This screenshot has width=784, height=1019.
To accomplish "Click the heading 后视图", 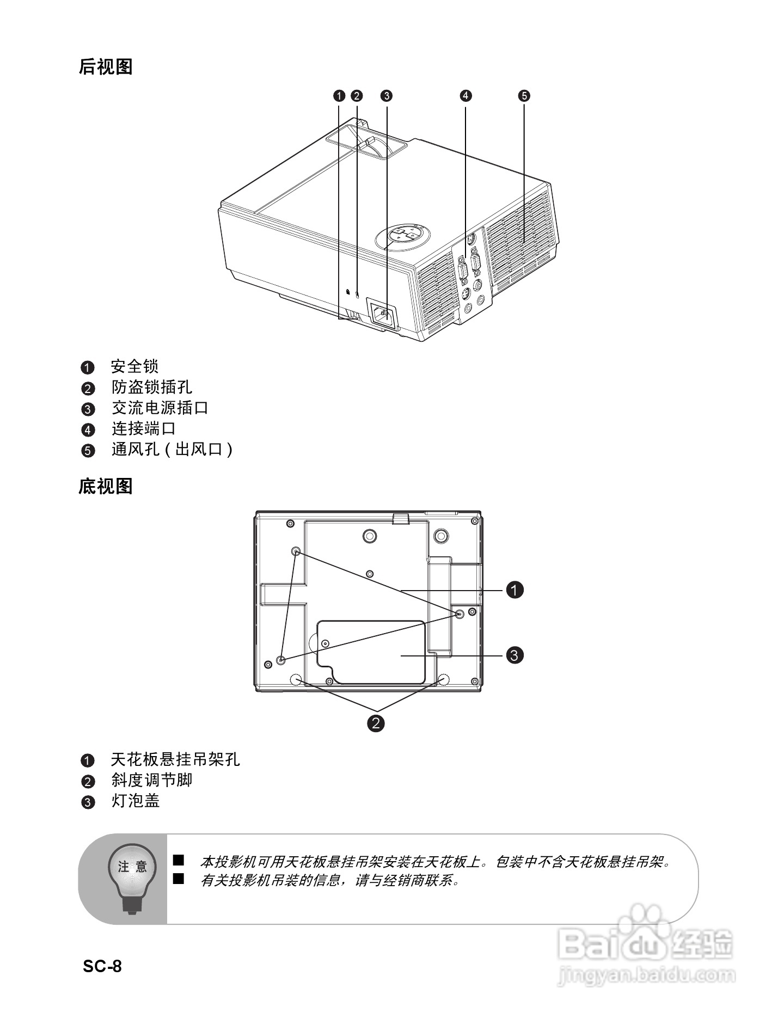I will tap(106, 67).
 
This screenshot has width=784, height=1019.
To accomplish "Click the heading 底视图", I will tap(106, 486).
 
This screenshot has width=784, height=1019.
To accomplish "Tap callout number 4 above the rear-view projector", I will tap(465, 96).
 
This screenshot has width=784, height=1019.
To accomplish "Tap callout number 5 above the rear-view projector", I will tap(524, 96).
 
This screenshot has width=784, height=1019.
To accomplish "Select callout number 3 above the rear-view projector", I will tap(386, 96).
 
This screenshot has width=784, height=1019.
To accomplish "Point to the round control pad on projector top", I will tap(403, 235).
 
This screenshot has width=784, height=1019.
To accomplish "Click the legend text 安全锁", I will tap(134, 366).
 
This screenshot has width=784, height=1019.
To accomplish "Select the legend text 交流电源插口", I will tap(160, 408).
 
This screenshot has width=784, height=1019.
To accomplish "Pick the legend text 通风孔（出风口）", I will tap(173, 450).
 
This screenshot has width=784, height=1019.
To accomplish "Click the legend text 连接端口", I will tap(144, 429).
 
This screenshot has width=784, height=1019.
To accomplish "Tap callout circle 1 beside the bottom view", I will tap(514, 590).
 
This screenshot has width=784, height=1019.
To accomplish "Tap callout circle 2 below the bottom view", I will tap(376, 723).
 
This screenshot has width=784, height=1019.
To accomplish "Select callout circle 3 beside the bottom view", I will tap(514, 654).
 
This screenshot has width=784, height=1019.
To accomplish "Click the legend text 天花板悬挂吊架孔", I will tap(175, 759).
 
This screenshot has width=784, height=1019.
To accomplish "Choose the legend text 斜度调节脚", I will tap(152, 780).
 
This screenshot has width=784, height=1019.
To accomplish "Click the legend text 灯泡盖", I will tap(136, 801).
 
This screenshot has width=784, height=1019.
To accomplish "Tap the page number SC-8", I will tap(102, 966).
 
